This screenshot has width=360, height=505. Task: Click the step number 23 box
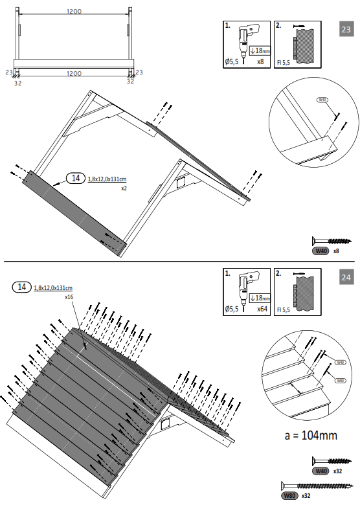point(346,29)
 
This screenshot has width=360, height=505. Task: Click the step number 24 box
point(346,277)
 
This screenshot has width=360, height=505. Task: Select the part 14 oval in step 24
point(22,287)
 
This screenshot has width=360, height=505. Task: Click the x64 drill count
point(262,309)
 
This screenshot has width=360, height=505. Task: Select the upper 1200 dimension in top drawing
point(73,12)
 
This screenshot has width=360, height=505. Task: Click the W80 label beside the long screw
point(290,495)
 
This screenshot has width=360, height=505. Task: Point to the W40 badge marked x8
point(321,251)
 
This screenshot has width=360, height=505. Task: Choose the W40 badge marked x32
point(321,471)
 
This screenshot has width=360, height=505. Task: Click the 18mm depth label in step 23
point(258,51)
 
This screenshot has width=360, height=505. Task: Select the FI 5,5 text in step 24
point(282,310)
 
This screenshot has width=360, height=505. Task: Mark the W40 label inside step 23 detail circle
point(322,100)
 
